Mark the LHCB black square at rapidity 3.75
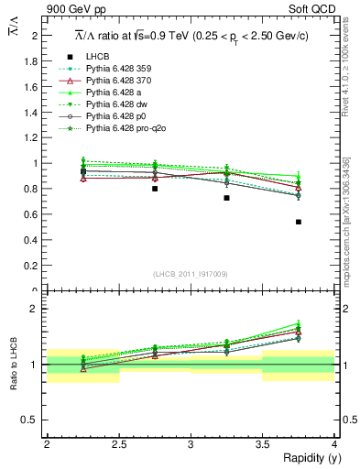coord(299,222)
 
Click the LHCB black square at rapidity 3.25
coord(226,198)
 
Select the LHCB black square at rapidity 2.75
coord(155,189)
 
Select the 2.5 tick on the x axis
coord(118,443)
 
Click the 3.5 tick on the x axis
coord(262,443)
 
